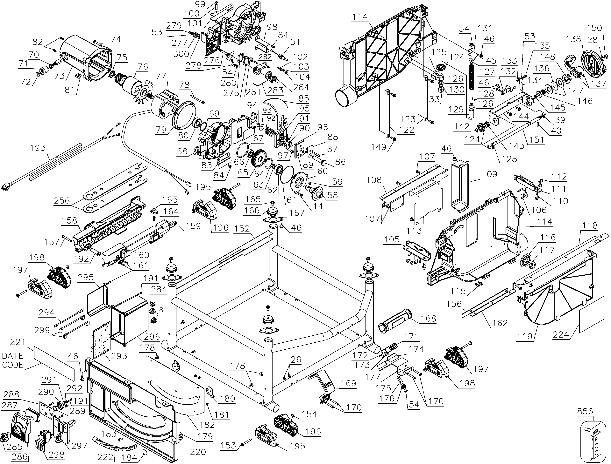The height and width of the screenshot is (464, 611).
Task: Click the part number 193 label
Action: (x=38, y=148)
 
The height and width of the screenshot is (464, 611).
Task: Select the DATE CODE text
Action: (x=13, y=360)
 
